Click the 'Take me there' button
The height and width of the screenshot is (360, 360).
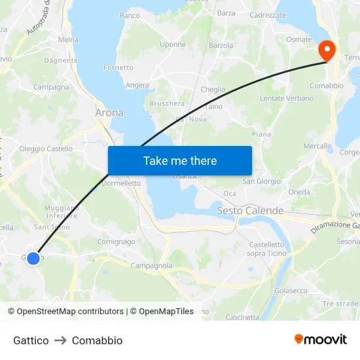click(180, 160)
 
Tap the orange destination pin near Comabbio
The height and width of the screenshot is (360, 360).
click(326, 50)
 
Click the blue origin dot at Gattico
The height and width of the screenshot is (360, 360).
click(33, 258)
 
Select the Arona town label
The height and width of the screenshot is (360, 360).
click(109, 113)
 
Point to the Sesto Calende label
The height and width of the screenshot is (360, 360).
click(250, 211)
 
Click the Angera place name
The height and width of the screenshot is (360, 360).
click(137, 85)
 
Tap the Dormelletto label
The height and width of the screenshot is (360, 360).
click(122, 183)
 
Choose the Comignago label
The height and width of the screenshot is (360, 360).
click(116, 242)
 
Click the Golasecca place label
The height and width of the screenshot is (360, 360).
click(291, 291)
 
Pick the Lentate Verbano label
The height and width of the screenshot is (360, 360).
click(287, 98)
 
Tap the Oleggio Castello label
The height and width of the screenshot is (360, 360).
click(46, 149)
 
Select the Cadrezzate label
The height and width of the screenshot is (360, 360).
click(268, 14)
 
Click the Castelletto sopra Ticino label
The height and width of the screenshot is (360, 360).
click(266, 249)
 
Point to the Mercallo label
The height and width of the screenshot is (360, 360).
click(317, 146)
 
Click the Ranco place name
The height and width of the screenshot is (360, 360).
click(130, 15)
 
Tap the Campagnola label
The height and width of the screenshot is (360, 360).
click(151, 266)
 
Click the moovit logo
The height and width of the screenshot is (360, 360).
click(321, 339)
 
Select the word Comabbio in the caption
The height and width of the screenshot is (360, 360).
click(97, 340)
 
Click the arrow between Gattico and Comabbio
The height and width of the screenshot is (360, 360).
click(60, 340)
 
